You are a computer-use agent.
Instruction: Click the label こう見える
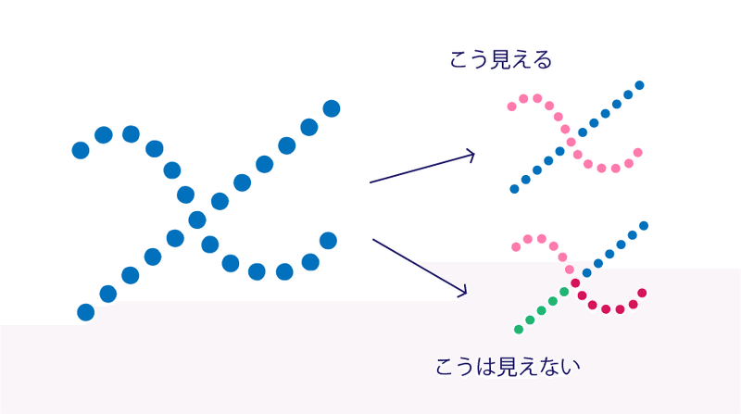[x=500, y=61]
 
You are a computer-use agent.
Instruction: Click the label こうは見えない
[x=508, y=366]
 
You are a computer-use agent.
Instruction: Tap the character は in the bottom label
[x=486, y=366]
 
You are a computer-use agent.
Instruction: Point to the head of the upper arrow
[x=473, y=154]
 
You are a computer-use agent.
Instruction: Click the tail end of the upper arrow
[x=370, y=182]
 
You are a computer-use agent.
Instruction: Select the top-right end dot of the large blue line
[x=332, y=108]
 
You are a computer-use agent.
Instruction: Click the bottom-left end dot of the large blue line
[x=86, y=312]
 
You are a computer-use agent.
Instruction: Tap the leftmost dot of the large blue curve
[x=81, y=149]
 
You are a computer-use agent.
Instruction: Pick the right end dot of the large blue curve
[x=328, y=241]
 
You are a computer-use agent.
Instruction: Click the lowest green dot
[x=519, y=330]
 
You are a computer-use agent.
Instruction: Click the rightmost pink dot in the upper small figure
[x=637, y=152]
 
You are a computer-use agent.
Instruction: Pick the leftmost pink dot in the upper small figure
[x=512, y=107]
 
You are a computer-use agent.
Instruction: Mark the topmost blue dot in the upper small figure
[x=639, y=85]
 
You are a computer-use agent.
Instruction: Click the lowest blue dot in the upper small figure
[x=514, y=189]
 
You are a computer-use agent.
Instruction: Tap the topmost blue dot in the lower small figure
[x=644, y=225]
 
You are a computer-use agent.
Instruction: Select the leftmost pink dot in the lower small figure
[x=517, y=246]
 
